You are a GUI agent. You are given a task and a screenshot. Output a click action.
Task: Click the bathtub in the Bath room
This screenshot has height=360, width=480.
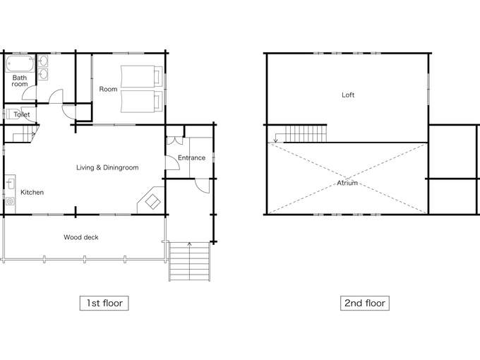tap(20, 64)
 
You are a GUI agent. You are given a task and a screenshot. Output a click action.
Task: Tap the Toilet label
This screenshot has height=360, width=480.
tap(22, 114)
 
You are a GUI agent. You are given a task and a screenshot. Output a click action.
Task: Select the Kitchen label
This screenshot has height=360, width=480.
tap(32, 192)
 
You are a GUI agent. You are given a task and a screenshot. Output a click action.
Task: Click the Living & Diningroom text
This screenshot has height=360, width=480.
tap(107, 167)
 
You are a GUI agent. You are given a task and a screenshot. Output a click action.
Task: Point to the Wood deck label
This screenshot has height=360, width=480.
tap(81, 237)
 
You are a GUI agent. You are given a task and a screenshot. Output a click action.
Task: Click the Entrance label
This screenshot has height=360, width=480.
tap(191, 157)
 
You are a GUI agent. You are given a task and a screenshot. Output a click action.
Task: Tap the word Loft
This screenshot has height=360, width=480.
tap(348, 95)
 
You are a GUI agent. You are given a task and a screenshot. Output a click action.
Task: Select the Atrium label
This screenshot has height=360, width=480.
tap(347, 183)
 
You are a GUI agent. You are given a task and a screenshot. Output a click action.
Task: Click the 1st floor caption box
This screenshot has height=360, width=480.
tap(104, 303)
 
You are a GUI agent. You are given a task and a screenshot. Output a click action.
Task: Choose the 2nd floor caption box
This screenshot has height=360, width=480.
tap(365, 303)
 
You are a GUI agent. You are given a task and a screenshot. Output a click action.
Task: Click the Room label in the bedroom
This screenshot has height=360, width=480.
tap(109, 89)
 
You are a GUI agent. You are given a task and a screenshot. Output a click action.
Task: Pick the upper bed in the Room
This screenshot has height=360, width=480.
tap(141, 76)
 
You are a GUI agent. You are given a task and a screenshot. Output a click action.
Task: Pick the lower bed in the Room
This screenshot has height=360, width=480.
tap(141, 102)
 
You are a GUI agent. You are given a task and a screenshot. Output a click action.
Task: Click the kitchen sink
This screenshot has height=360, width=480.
tap(11, 184)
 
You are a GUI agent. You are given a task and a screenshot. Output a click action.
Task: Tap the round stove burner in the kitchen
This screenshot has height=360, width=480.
tap(10, 201)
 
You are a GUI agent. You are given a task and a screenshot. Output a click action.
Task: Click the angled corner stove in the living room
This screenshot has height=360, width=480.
tap(151, 200)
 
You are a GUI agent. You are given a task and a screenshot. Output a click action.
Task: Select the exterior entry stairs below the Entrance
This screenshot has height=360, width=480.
tap(190, 261)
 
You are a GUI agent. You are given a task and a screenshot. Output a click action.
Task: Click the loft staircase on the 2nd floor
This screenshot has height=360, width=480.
tap(306, 134)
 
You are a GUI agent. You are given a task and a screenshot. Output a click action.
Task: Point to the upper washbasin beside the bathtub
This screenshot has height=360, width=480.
tap(43, 61)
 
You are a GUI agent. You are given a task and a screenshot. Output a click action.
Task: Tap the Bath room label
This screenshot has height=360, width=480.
tap(20, 80)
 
